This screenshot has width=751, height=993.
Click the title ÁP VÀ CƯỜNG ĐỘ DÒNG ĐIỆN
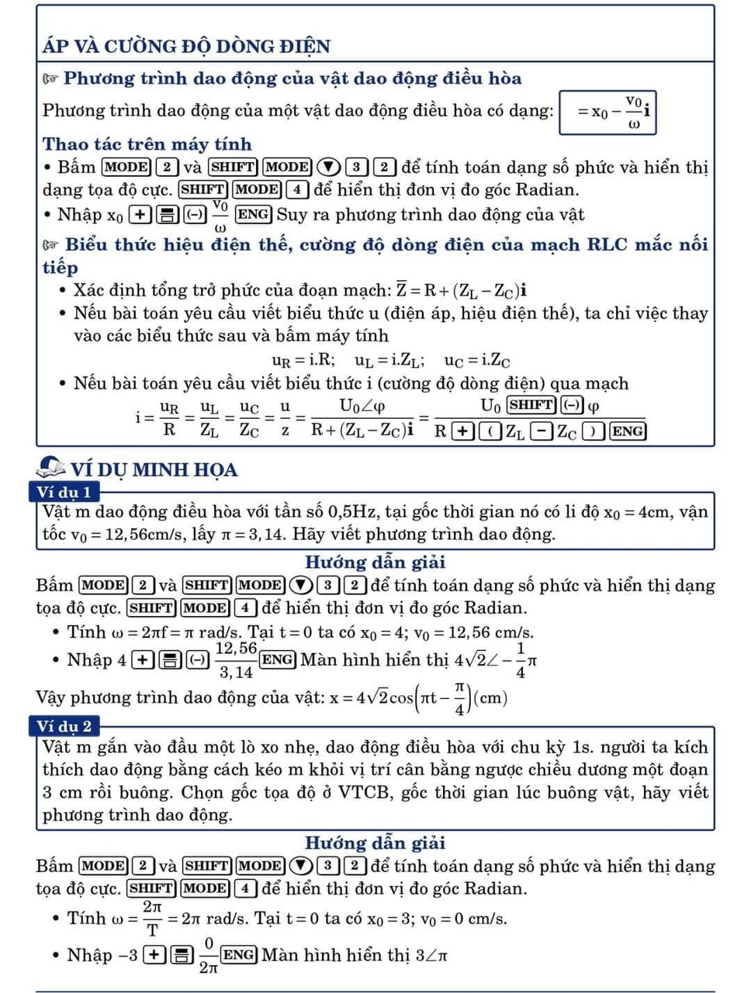186,46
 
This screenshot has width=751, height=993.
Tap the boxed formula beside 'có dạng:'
608,112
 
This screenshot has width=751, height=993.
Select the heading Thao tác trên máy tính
147,144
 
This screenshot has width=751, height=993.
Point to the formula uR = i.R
303,360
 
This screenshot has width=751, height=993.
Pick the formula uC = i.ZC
477,360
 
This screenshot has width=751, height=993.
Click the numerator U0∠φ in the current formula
362,406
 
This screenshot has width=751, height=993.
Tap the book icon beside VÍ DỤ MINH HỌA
51,467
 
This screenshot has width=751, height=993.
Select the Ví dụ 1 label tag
64,492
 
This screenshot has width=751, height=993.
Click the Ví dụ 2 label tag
64,726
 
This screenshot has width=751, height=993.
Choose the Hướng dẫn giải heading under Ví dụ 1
375,562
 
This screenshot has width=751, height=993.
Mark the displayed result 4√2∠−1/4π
496,660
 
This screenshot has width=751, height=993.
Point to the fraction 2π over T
152,918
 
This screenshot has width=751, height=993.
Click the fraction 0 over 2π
208,955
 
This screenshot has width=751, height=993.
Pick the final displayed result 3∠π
431,956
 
